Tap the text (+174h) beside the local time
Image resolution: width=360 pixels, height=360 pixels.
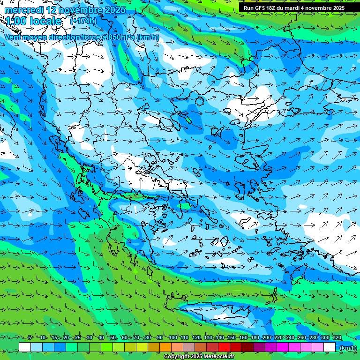click(83, 21)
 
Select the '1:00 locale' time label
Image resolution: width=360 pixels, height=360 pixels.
click(33, 21)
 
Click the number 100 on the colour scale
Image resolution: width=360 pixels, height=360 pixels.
click(172, 337)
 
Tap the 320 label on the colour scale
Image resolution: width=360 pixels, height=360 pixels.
click(337, 337)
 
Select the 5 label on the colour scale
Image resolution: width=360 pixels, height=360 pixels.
click(30, 337)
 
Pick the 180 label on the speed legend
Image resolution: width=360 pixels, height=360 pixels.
click(255, 337)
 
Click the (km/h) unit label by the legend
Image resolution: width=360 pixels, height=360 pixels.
click(347, 348)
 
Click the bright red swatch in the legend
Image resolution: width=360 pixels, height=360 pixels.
click(224, 347)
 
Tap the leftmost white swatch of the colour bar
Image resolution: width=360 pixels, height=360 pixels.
click(25, 347)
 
